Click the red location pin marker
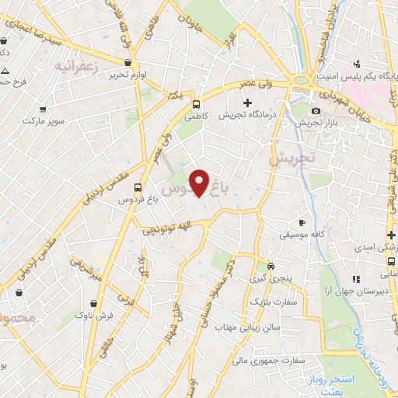[200, 182]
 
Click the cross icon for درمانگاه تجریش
[247, 103]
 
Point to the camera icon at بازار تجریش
[317, 112]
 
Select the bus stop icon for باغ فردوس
[138, 187]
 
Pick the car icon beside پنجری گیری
[271, 266]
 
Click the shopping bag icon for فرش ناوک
[93, 304]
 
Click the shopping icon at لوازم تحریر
[127, 61]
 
